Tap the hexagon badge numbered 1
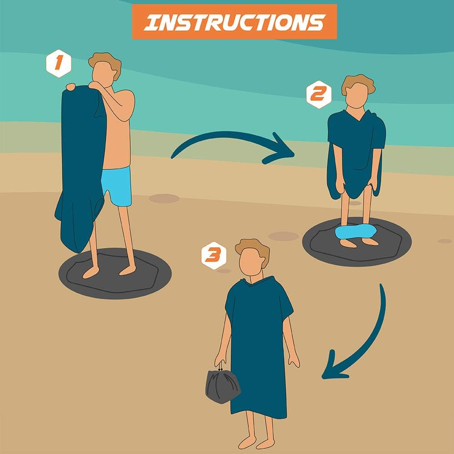point(58,64)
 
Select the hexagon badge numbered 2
point(318,94)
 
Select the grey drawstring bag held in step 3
point(222,386)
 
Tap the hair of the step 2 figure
point(358,84)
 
